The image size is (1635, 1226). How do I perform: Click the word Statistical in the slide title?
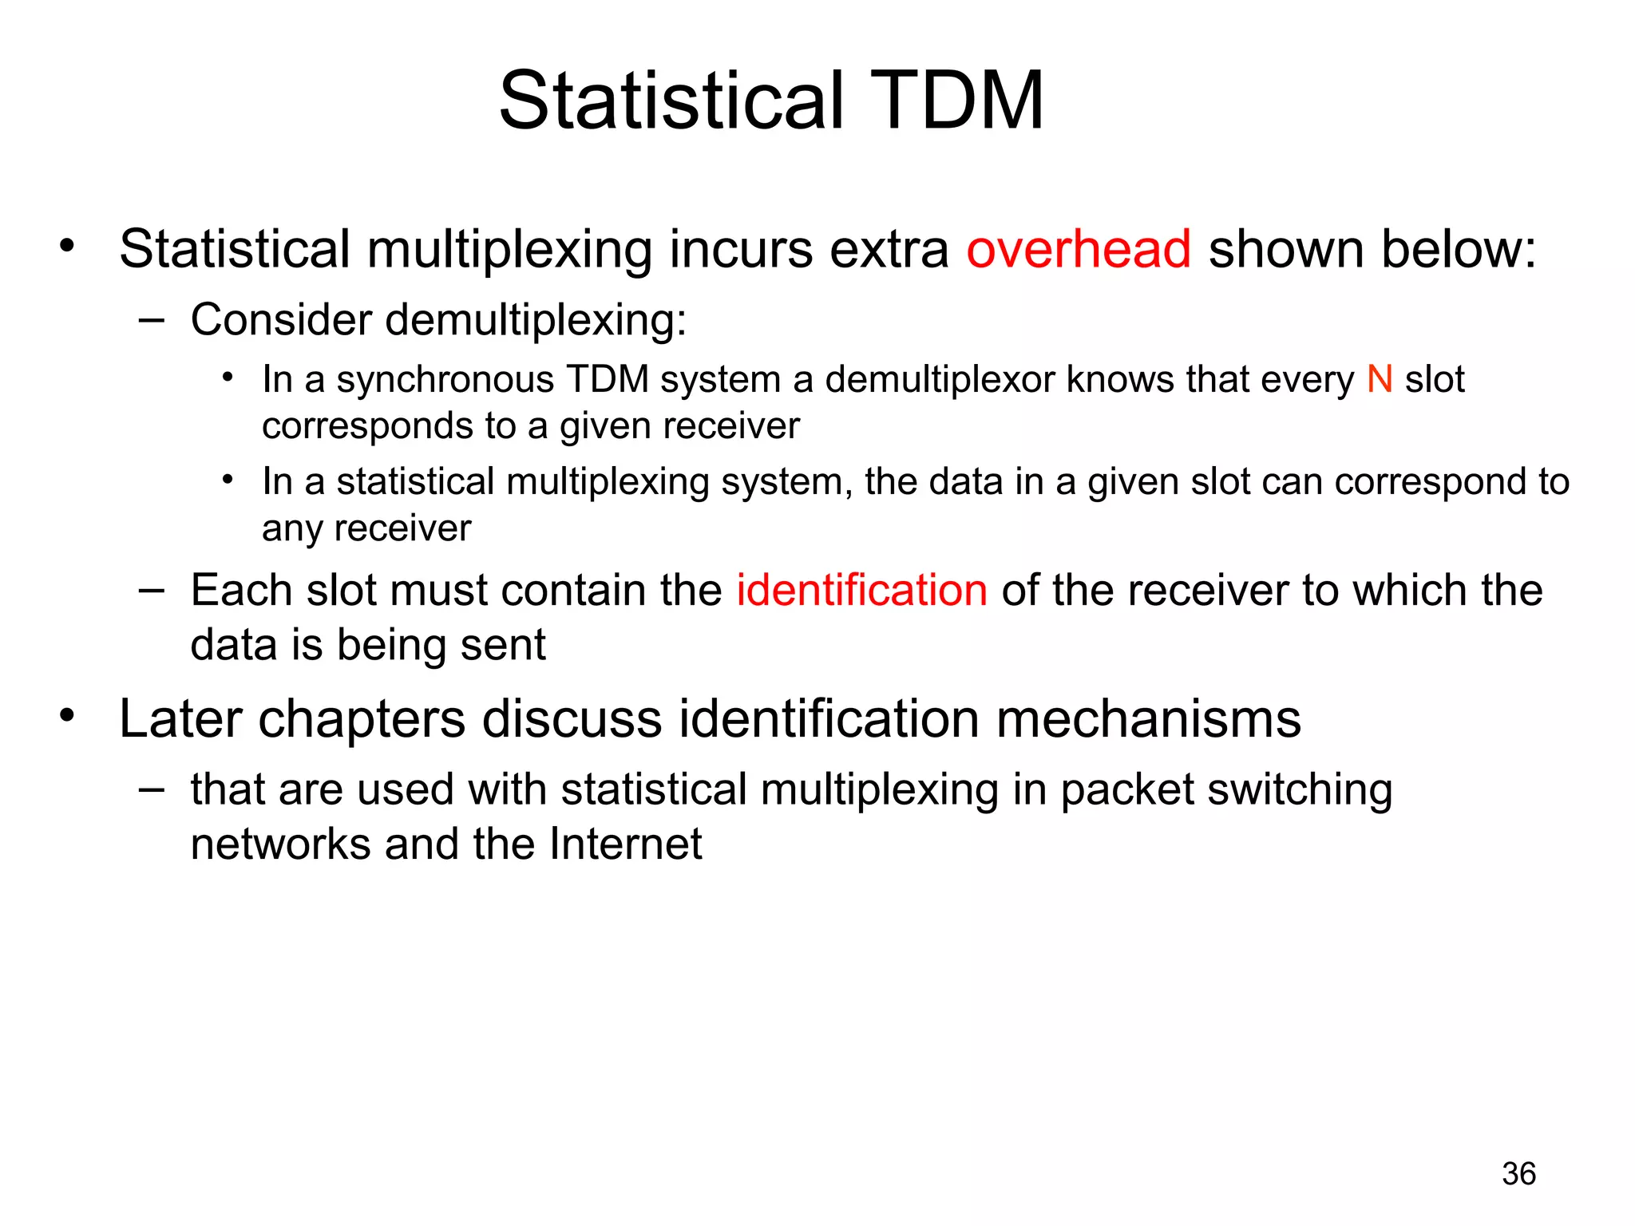coord(671,101)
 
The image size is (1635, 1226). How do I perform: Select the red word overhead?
coord(1079,249)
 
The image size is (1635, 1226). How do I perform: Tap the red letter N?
coord(1380,379)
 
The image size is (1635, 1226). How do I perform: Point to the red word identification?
coord(861,591)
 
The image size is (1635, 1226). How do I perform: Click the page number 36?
coord(1518,1174)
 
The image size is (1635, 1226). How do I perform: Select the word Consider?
coord(282,320)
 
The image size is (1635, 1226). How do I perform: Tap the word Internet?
coord(626,844)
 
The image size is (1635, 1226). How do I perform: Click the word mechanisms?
coord(1149,718)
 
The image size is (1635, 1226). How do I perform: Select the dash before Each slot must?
coord(152,591)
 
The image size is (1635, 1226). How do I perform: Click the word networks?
coord(280,844)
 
